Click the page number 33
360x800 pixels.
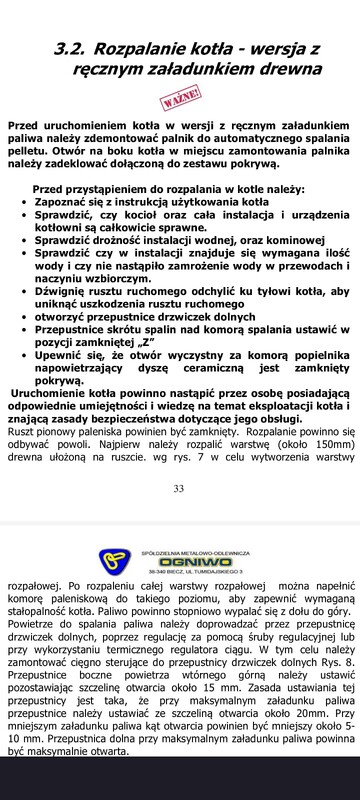pos(180,489)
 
